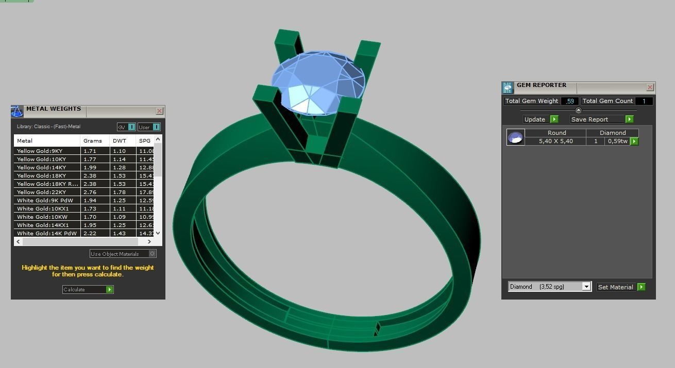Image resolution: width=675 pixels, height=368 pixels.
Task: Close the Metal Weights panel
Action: pos(159,111)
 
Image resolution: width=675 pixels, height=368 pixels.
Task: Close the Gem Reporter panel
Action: pos(650,87)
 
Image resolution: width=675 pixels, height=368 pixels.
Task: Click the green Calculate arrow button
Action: pos(109,290)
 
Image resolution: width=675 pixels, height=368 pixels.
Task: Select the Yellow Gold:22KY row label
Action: pos(41,192)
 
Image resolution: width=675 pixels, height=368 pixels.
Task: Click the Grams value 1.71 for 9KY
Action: pos(90,151)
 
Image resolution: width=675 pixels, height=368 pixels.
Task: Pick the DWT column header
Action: pos(119,141)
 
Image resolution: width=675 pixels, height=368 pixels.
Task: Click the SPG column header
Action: pos(145,141)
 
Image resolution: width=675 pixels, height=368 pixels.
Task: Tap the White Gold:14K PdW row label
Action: pos(46,233)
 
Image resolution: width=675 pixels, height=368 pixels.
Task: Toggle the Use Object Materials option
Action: pos(152,254)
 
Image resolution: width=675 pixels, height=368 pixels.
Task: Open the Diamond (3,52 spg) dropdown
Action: pos(586,287)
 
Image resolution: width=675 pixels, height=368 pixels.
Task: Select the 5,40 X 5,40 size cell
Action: pos(555,141)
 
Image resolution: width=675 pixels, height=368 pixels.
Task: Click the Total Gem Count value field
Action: pos(644,101)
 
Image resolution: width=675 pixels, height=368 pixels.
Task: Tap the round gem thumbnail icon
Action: pos(515,137)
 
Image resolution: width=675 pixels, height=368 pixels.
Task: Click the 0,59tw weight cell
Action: pos(617,141)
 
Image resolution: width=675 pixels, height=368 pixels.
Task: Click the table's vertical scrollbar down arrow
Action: pos(158,233)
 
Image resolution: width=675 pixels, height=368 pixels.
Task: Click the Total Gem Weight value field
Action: pos(569,101)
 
